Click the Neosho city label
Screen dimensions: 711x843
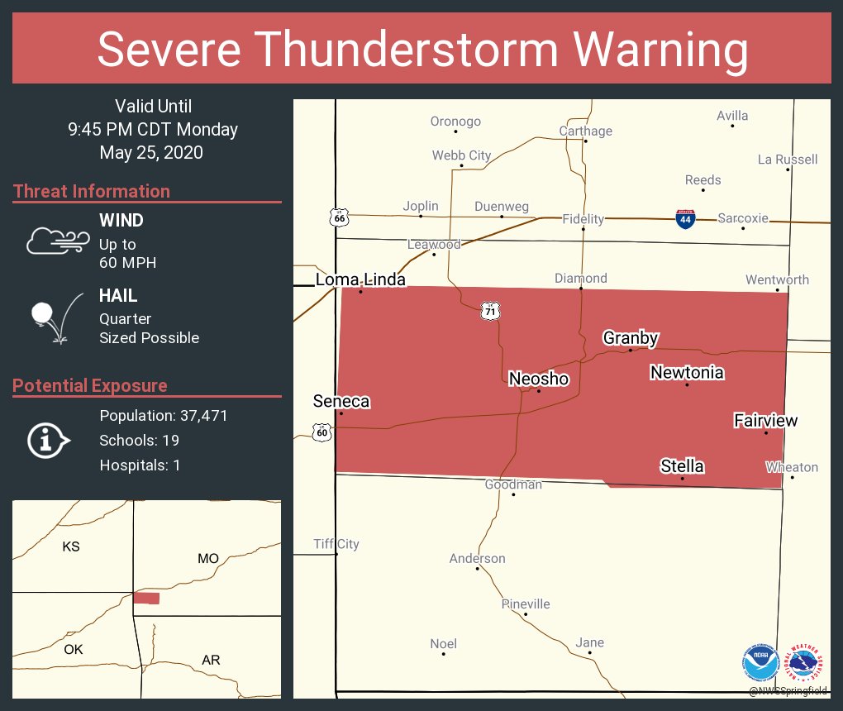pos(539,379)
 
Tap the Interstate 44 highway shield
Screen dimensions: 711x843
pos(685,218)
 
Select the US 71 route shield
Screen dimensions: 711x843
pos(490,311)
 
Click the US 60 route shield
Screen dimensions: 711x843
pos(322,431)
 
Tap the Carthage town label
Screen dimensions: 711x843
pos(585,131)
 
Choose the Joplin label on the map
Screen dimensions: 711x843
pos(421,206)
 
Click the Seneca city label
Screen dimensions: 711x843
pos(341,401)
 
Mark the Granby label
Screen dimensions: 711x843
pos(630,337)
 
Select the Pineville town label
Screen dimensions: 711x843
pos(525,604)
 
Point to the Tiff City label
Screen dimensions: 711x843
pos(336,543)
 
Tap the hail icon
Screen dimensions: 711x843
pos(56,316)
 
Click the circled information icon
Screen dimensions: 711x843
pos(48,440)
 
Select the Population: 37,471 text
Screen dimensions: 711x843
pos(164,415)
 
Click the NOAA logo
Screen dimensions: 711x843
pos(760,664)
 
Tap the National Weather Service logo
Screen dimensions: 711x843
pos(807,662)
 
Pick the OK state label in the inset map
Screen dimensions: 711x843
pos(73,649)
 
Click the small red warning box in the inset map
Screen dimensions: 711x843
pos(147,598)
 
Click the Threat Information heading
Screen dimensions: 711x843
pos(92,191)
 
